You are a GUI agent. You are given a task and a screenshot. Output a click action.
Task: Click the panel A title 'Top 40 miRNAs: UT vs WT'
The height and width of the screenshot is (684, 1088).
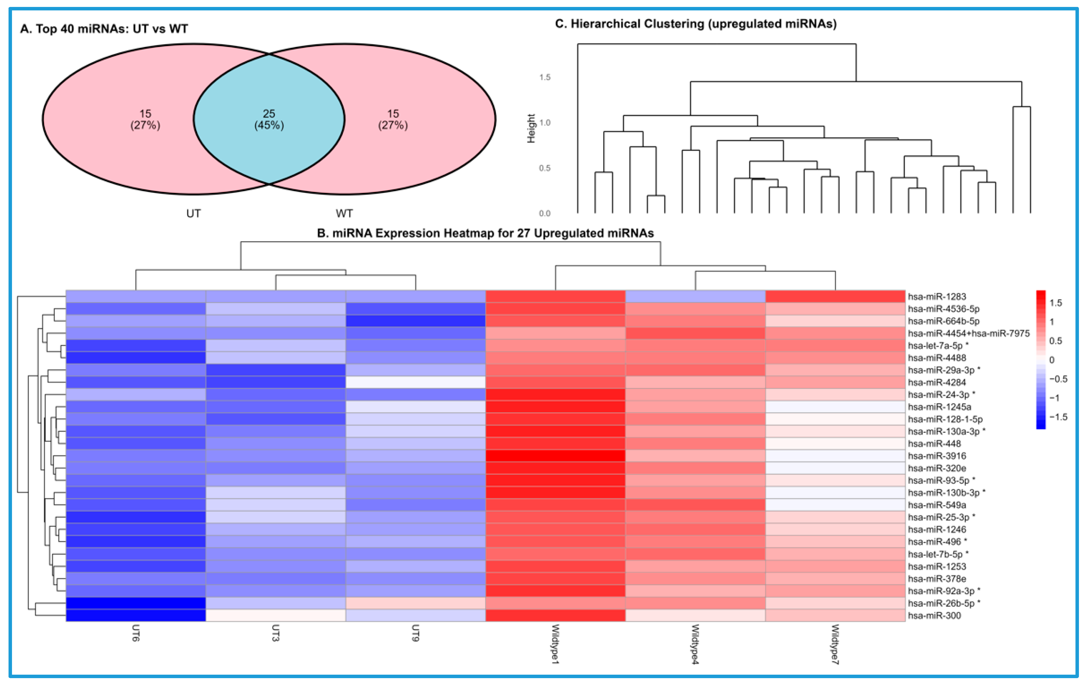coord(104,29)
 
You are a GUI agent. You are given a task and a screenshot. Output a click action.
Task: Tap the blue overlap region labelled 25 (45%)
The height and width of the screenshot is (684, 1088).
coord(269,119)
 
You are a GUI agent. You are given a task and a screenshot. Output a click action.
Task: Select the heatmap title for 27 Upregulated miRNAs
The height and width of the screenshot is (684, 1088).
coord(485,233)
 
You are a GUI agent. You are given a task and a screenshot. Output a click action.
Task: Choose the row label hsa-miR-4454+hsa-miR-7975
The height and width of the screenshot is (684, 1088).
coord(968,333)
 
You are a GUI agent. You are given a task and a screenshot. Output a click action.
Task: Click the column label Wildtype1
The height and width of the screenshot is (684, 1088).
coord(555,644)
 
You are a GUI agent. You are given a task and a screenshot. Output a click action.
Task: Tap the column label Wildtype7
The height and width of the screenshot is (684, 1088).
coord(835,644)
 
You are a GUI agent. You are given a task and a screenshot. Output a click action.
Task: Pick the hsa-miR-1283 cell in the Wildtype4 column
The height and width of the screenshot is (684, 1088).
coord(695,297)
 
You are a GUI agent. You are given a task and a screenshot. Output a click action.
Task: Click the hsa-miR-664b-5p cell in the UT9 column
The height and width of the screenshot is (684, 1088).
coord(416,321)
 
